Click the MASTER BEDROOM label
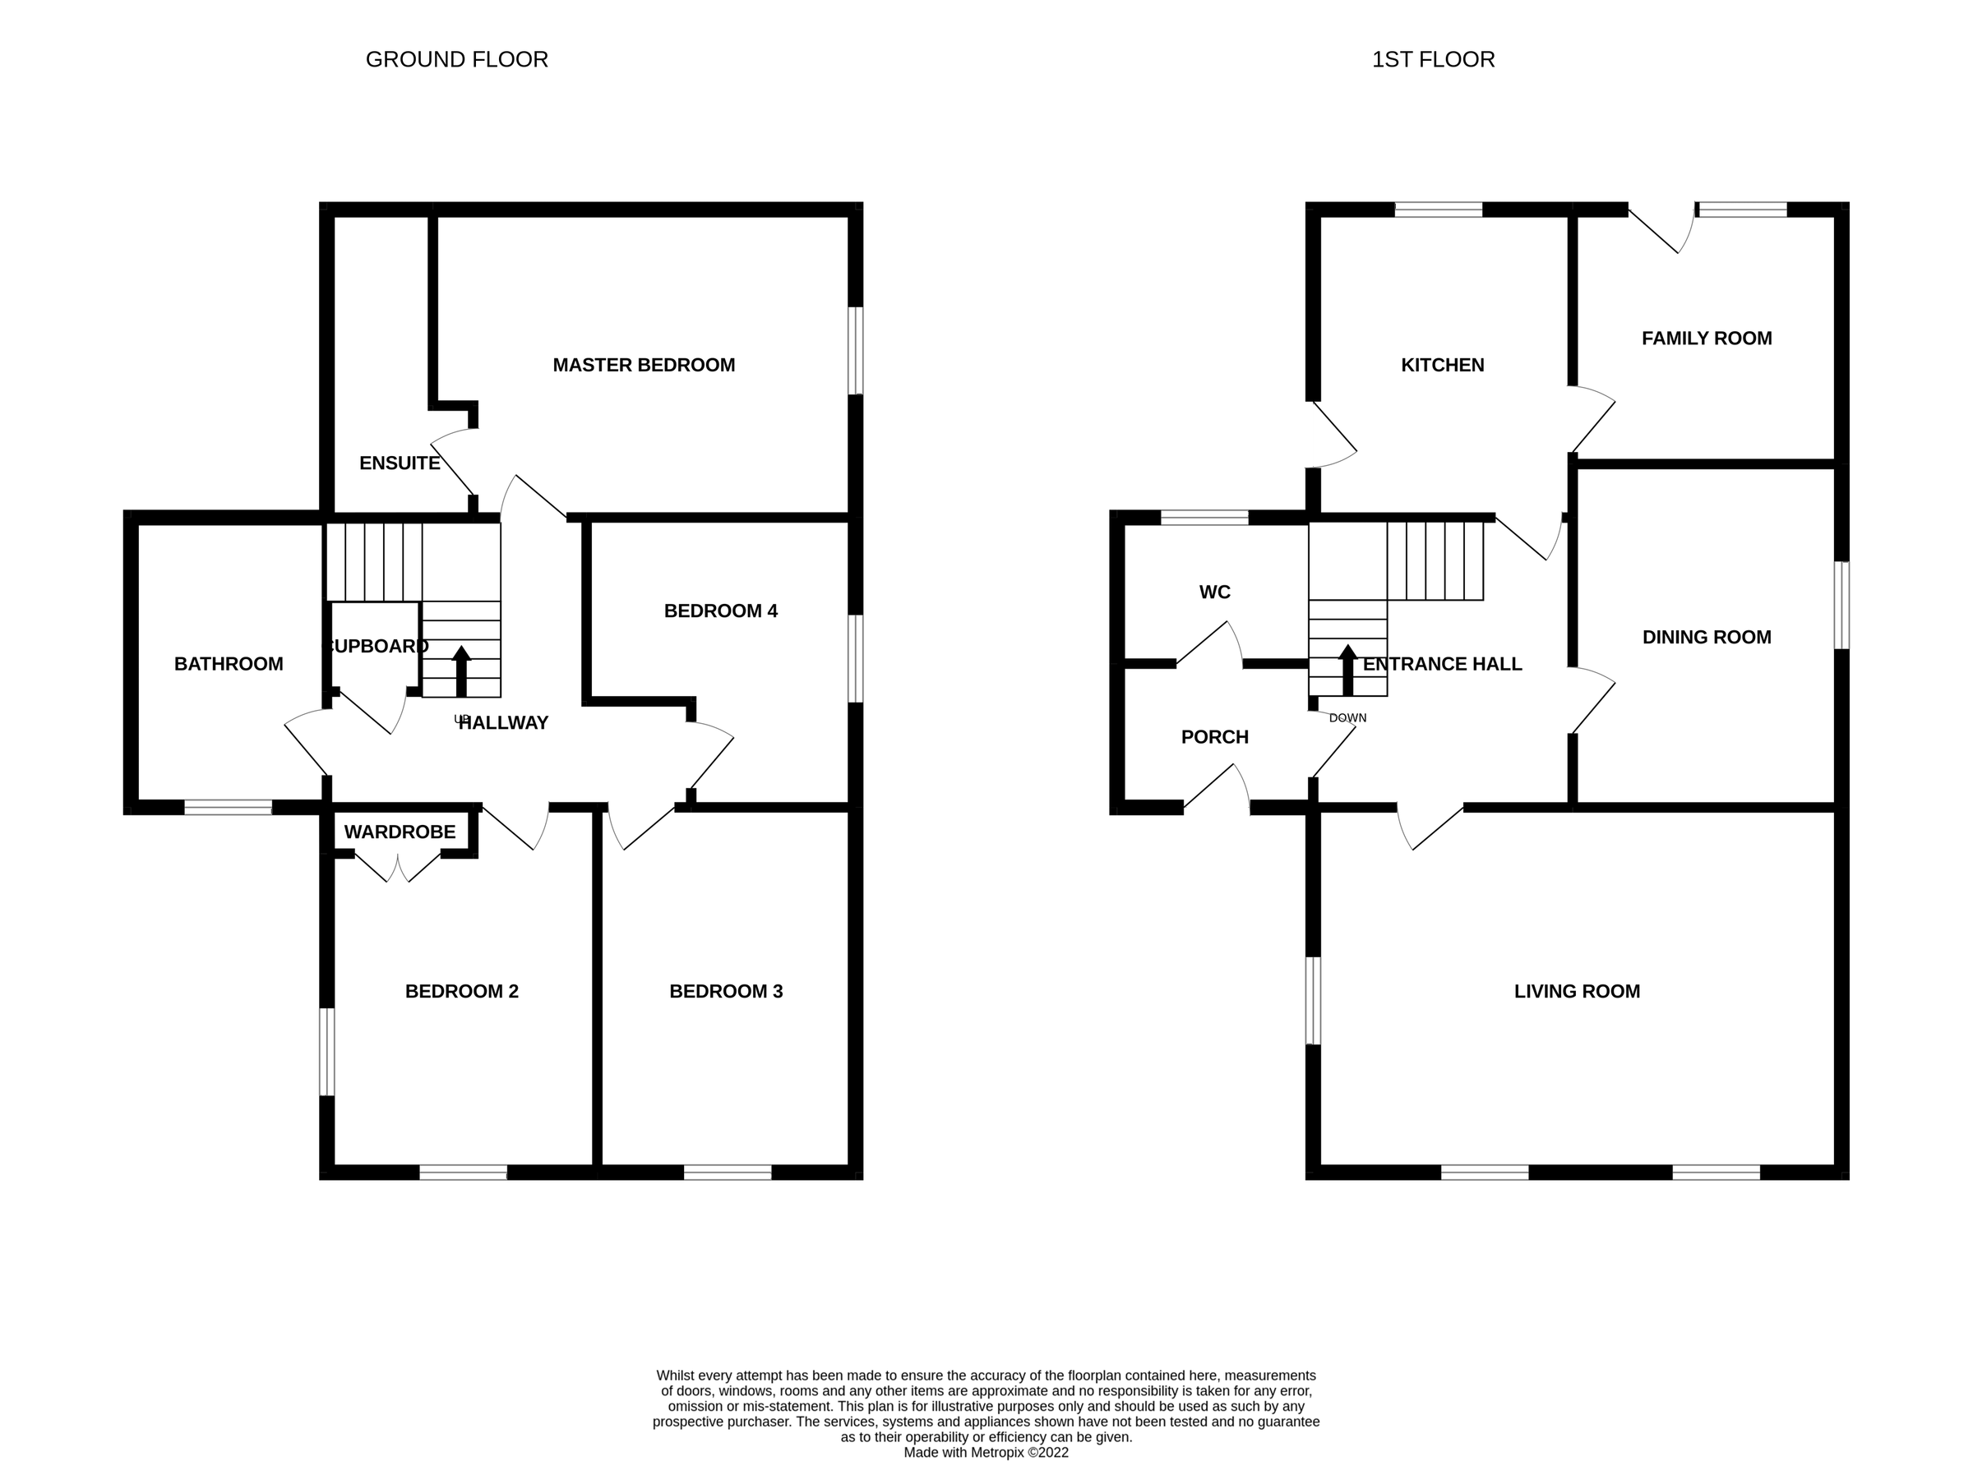coord(643,364)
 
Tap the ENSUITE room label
coord(399,463)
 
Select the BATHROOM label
coord(229,663)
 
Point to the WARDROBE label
coord(399,832)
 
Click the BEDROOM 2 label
coord(461,990)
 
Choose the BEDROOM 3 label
coord(726,990)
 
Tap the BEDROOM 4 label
coord(720,611)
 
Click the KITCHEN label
coord(1442,364)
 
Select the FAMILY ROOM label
coord(1706,338)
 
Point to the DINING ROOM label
coord(1706,637)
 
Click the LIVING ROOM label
coord(1577,990)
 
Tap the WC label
coord(1215,592)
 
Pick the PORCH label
coord(1215,737)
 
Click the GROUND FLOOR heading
coord(456,59)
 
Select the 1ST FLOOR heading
coord(1433,59)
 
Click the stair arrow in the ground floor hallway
coord(461,671)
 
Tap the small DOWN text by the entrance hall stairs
coord(1347,718)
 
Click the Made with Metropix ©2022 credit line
coord(986,1452)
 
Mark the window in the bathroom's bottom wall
coord(229,807)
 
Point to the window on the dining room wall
coord(1841,606)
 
